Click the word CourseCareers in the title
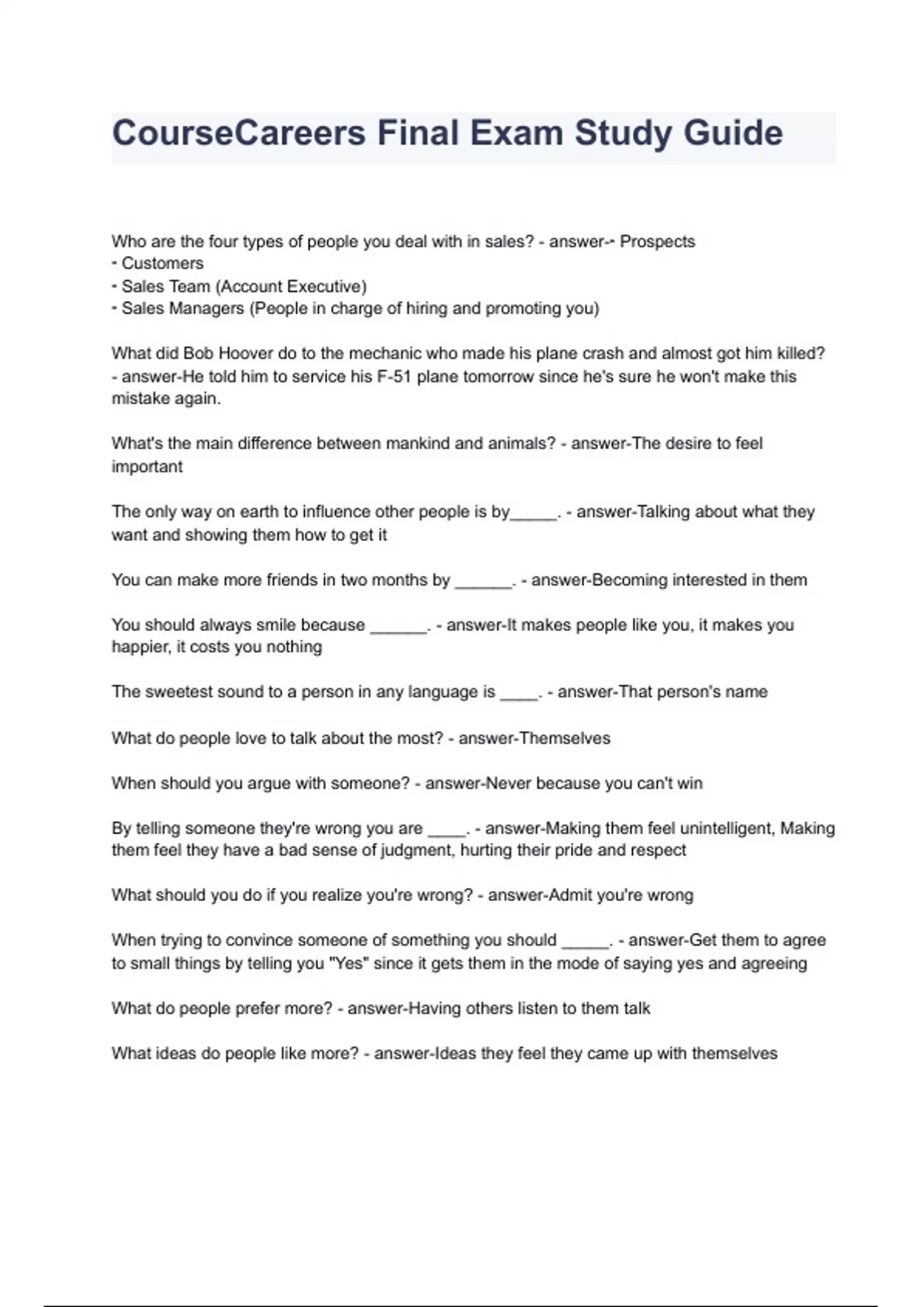pyautogui.click(x=238, y=133)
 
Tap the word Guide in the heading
pyautogui.click(x=733, y=133)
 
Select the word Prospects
pyautogui.click(x=657, y=241)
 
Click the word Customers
pyautogui.click(x=162, y=264)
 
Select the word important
pyautogui.click(x=147, y=467)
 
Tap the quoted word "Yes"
pyautogui.click(x=349, y=964)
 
